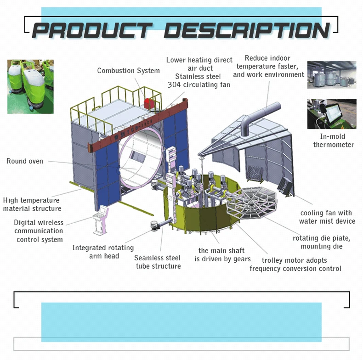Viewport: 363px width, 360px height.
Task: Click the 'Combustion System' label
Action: tap(128, 71)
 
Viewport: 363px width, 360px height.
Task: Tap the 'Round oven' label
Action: tap(25, 161)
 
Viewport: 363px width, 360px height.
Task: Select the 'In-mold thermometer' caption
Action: tap(334, 141)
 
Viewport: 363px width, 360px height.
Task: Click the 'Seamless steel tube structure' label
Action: tap(158, 262)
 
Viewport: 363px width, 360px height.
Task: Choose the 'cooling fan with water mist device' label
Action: tap(327, 217)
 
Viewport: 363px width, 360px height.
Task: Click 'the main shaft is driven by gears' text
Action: tap(221, 255)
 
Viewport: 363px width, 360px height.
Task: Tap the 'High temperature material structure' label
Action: tap(32, 204)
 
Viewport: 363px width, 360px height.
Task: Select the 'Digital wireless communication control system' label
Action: tap(39, 231)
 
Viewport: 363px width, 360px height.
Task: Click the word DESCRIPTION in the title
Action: tap(247, 30)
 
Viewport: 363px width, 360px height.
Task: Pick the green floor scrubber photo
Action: tap(30, 86)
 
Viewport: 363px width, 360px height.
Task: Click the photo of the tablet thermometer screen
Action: tap(332, 114)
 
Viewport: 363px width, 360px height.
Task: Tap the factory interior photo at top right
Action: tap(332, 75)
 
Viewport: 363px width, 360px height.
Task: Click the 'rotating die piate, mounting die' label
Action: tap(322, 242)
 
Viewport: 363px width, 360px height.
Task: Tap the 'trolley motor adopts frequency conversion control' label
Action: tap(295, 264)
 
